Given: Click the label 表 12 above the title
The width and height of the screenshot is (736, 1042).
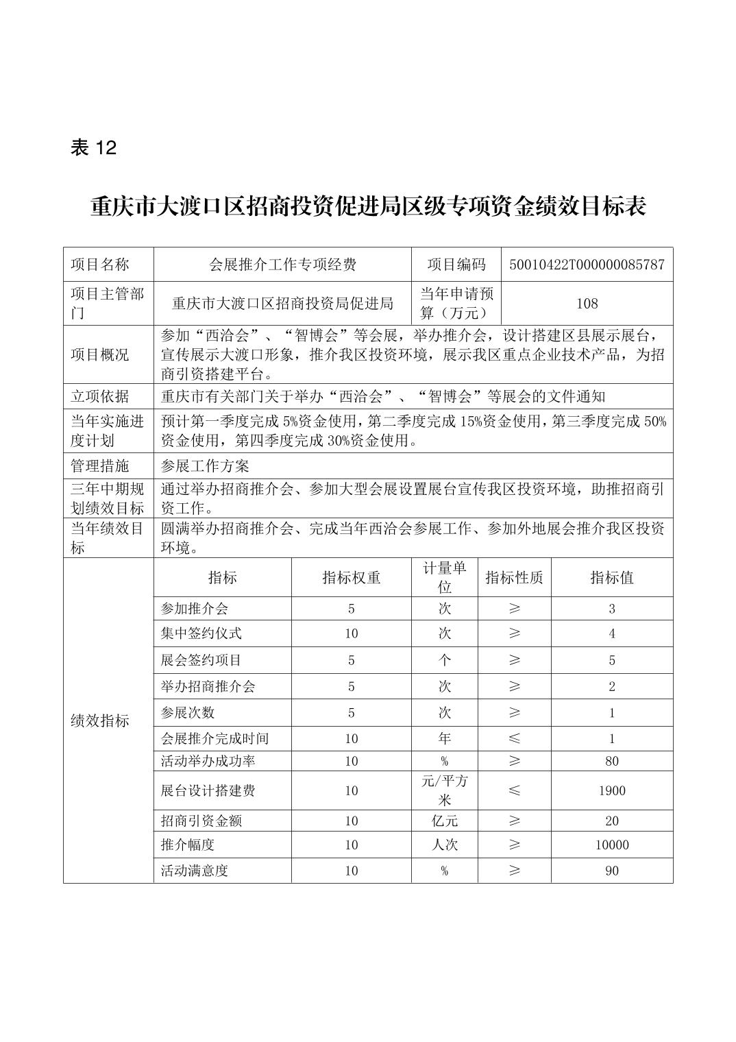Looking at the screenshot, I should pos(94,147).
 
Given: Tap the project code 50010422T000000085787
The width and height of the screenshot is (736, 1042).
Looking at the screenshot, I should pos(587,265).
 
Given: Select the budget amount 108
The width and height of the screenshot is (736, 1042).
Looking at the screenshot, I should pos(587,303).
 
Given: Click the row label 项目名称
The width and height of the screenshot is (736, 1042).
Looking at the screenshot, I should pos(100,265).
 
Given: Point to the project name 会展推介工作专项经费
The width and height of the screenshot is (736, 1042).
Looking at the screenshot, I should pos(282,265).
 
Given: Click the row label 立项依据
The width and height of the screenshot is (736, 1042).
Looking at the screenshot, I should pos(100,396).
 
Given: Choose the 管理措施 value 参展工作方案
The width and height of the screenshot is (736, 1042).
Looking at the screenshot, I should pos(205,466).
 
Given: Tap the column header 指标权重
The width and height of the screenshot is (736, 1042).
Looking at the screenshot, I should pos(351,577).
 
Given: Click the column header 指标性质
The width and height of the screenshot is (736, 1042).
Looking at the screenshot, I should pos(514,577).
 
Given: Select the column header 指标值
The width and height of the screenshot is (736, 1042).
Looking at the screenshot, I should pos(611,577).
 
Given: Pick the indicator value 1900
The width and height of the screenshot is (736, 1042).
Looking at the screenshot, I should pos(611,790).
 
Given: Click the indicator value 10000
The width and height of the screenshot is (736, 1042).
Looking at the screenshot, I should pos(611,845).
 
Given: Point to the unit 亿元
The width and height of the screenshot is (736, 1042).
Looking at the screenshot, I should pos(444,821).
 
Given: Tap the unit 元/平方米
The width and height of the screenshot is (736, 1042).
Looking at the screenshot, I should pos(444,790).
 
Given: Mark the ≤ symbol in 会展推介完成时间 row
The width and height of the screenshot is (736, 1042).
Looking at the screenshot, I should pos(514,738).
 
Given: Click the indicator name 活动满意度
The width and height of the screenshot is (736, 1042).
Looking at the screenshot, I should pos(195,871).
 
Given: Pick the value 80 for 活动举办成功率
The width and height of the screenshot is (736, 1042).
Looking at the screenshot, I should pos(611,761).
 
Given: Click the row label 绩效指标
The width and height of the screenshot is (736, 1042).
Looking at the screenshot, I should pos(100,720).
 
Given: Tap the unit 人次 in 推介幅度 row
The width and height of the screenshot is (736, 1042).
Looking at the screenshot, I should pos(444,845).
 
